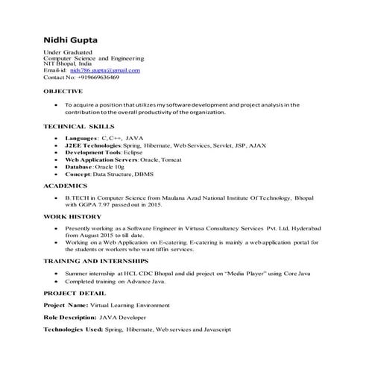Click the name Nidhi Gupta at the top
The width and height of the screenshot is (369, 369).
pyautogui.click(x=75, y=40)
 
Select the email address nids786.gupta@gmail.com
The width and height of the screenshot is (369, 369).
pyautogui.click(x=104, y=71)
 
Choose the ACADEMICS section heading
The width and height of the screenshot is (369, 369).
pyautogui.click(x=66, y=184)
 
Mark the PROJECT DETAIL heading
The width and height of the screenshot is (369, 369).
pyautogui.click(x=75, y=293)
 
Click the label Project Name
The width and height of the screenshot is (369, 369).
pyautogui.click(x=66, y=305)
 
